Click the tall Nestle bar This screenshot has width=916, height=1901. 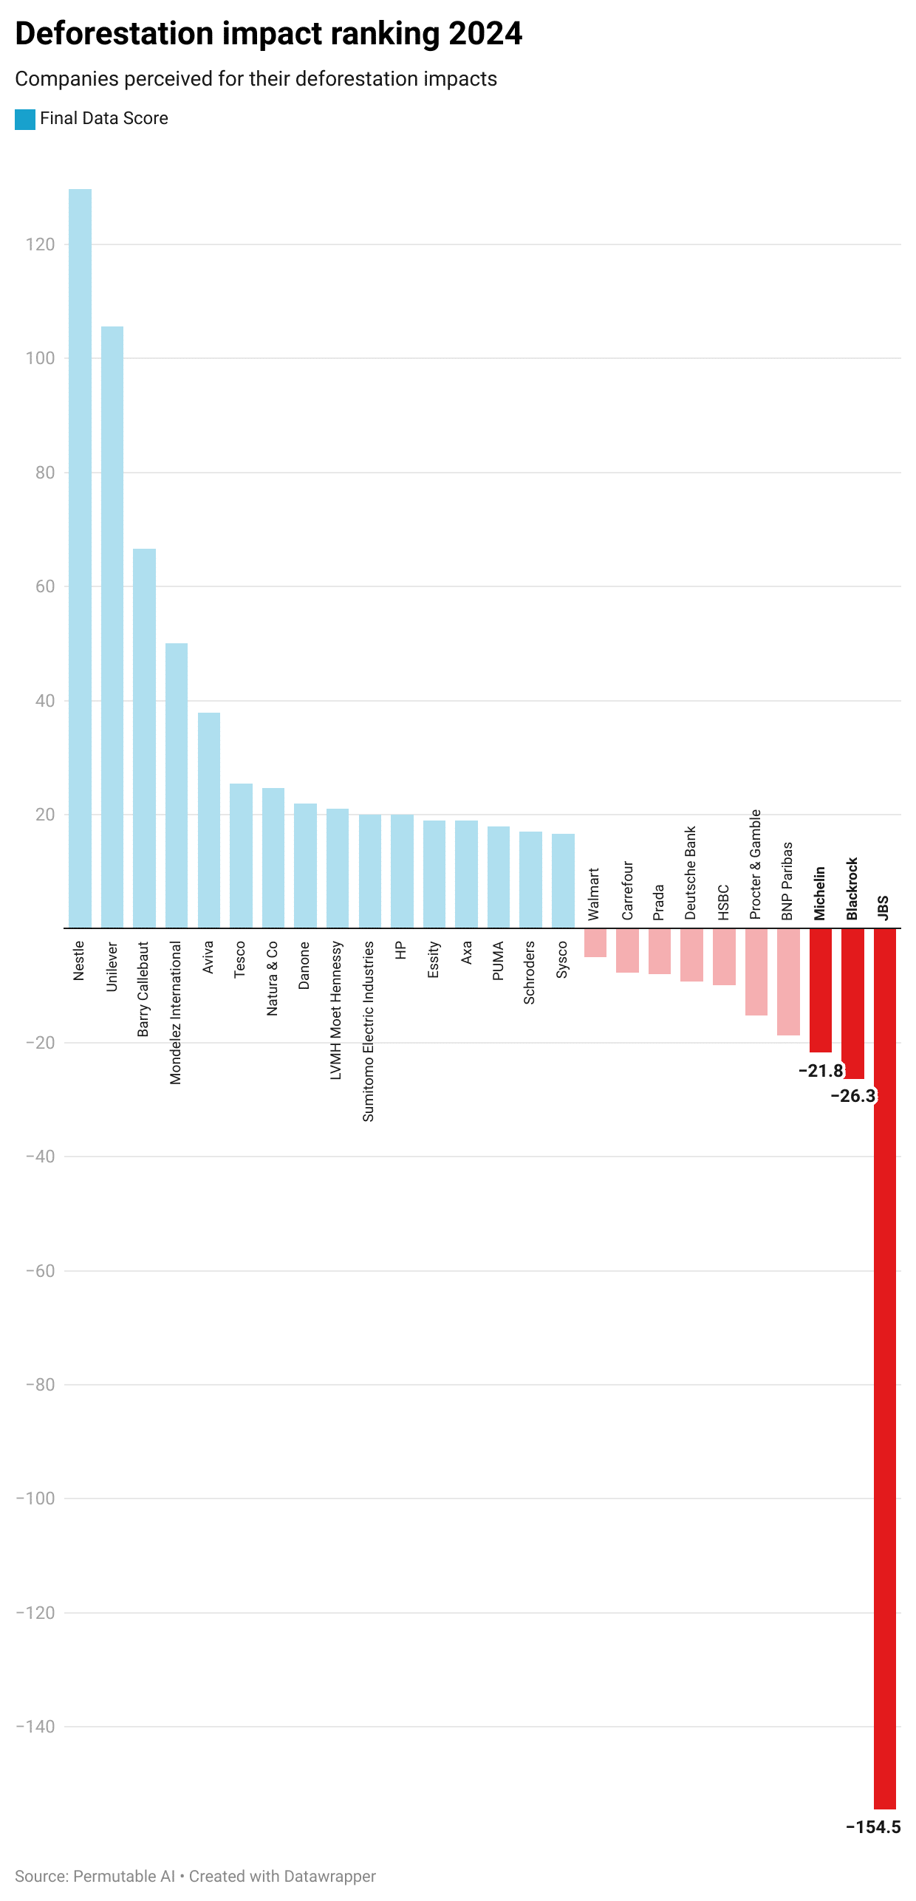(80, 558)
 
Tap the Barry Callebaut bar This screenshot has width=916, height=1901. (144, 738)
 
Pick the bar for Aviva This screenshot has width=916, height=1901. (208, 820)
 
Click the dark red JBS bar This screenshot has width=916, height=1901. (884, 1366)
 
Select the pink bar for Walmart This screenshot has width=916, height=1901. (595, 942)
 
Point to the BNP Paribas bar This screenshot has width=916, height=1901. (788, 982)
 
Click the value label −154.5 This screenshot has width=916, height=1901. (873, 1826)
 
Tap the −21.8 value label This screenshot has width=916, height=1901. (821, 1070)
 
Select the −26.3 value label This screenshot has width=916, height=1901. (853, 1095)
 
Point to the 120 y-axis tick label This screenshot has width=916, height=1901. (40, 244)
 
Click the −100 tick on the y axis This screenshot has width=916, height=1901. (35, 1498)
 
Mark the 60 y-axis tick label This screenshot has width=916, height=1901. (44, 586)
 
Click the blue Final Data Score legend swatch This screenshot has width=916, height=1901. (25, 119)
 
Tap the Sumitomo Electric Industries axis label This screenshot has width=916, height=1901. (369, 1031)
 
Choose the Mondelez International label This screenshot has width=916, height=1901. (175, 1012)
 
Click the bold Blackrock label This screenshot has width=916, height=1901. (852, 888)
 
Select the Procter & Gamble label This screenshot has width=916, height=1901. (755, 864)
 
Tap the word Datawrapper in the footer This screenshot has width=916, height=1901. (329, 1876)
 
